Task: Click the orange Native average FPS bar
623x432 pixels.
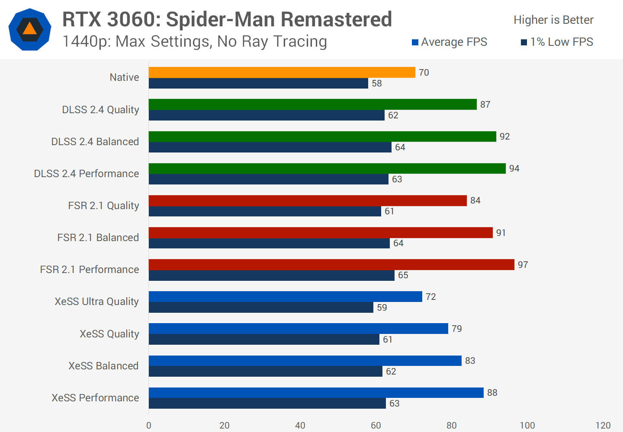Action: [282, 73]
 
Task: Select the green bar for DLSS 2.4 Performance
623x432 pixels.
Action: [327, 168]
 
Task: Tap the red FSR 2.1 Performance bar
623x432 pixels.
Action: [331, 264]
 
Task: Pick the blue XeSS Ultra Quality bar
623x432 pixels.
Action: [285, 296]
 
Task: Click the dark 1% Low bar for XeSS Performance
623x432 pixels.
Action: [267, 403]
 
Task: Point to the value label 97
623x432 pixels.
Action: [523, 264]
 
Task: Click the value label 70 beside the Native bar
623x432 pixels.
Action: [424, 73]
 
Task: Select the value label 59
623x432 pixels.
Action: [382, 308]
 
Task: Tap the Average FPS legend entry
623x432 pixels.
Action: [450, 42]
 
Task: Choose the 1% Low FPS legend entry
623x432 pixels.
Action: [557, 42]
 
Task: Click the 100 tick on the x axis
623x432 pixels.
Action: [527, 426]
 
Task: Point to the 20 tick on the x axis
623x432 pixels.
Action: [224, 426]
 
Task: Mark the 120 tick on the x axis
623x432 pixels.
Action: [603, 426]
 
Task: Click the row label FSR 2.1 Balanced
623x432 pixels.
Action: [98, 238]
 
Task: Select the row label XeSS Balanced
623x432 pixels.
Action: [103, 366]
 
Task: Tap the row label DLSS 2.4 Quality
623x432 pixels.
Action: [100, 110]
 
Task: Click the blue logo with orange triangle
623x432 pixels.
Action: [30, 29]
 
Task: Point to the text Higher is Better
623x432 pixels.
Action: [553, 20]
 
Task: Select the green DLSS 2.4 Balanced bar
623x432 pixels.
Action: [322, 137]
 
